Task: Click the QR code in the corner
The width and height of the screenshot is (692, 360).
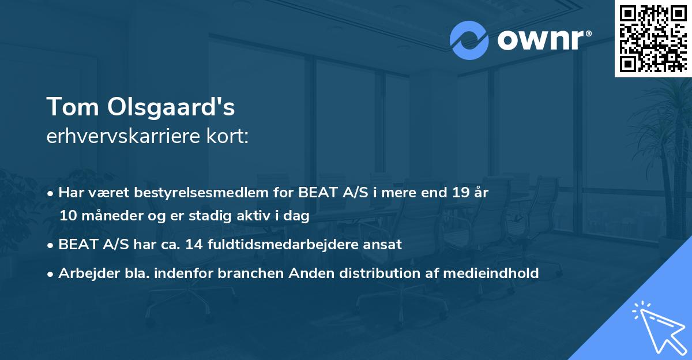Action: (652, 38)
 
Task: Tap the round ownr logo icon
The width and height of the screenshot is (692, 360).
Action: (469, 40)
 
